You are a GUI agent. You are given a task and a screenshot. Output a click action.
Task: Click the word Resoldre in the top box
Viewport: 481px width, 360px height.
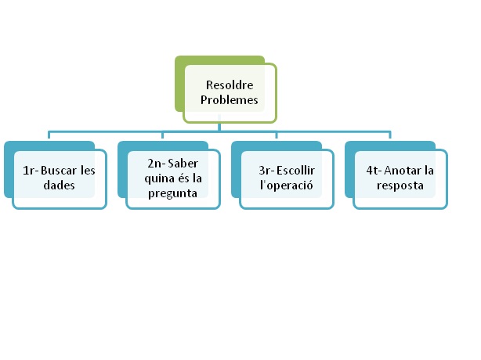pos(230,85)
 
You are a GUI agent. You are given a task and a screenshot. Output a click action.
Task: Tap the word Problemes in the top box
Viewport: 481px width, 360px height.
pos(230,100)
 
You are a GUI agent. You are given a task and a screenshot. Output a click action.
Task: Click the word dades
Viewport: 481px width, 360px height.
pos(60,186)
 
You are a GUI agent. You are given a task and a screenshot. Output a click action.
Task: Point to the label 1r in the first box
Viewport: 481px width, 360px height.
pos(29,171)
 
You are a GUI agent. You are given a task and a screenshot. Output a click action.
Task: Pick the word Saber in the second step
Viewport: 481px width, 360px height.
pos(182,163)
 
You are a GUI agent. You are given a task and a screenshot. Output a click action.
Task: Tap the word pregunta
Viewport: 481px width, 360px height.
pos(172,193)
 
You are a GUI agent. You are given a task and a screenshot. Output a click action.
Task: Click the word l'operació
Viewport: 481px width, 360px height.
pos(286,186)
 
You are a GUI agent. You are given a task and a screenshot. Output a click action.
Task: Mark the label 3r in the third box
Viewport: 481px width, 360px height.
pos(266,171)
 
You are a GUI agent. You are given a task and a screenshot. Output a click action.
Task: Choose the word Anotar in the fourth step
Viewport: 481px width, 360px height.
pos(403,171)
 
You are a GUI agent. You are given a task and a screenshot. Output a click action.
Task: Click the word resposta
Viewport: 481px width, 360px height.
pos(400,186)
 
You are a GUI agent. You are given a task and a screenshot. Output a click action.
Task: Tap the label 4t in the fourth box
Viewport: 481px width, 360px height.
pos(374,171)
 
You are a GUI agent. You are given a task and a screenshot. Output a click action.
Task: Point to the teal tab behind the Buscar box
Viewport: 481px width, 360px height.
pos(8,168)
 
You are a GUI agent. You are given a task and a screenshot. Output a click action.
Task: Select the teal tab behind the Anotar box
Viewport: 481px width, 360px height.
pos(349,168)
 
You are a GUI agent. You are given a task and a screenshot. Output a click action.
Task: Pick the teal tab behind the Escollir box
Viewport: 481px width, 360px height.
pos(235,168)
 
